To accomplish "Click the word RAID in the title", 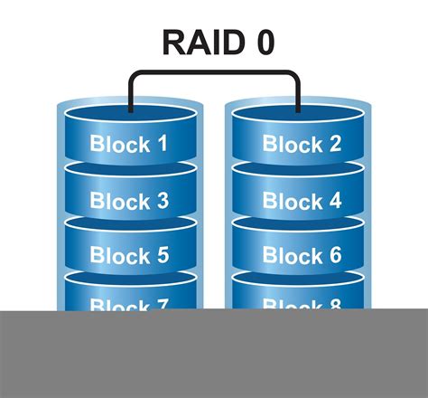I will pos(196,43).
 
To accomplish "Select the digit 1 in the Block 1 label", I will pos(162,144).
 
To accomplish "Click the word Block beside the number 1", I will pos(118,144).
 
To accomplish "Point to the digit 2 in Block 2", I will pos(334,144).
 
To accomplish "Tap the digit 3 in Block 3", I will pos(162,200).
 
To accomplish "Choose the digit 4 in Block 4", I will pos(335,200).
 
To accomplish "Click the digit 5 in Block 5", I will pos(162,256).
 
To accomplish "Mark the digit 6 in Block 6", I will pos(335,256).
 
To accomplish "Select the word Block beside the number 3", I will pos(118,200).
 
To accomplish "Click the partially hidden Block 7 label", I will pos(129,304).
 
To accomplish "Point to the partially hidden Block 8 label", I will pos(302,304).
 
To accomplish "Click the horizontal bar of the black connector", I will pos(214,74).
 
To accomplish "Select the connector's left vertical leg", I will pos(130,93).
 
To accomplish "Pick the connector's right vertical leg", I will pos(298,93).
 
